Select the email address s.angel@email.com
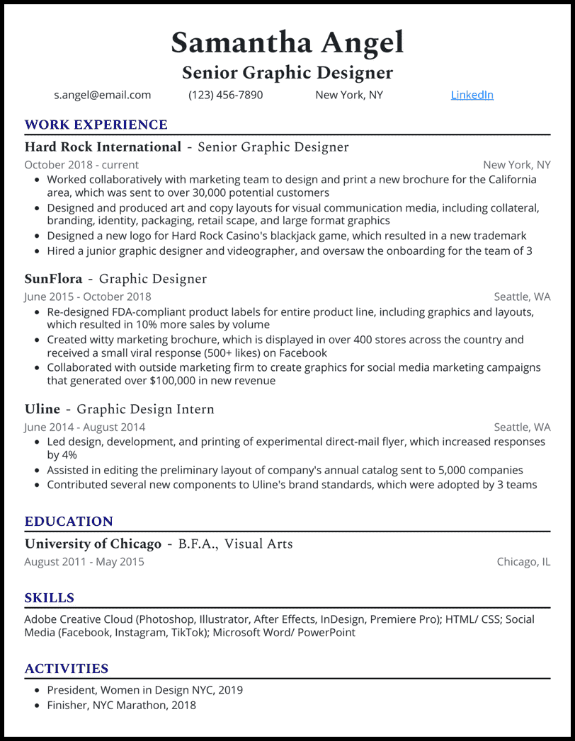[103, 95]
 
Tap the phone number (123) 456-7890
[225, 95]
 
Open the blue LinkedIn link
[472, 95]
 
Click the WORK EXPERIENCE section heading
[96, 125]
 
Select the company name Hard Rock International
[103, 147]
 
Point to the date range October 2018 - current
[81, 165]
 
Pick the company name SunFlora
[54, 279]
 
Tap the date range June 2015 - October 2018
[87, 297]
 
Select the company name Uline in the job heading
[41, 409]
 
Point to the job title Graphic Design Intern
[145, 409]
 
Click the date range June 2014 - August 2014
[84, 427]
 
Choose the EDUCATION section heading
[69, 522]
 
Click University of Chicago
[93, 544]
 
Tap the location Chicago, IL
[523, 562]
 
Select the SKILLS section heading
[49, 598]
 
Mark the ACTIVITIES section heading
[67, 669]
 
